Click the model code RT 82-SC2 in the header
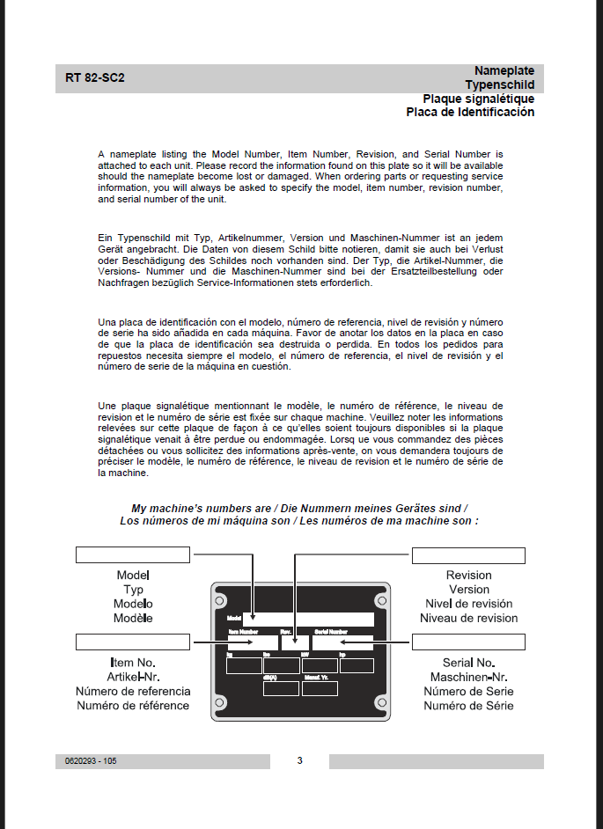[95, 77]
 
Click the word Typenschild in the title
[500, 84]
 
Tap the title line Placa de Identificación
[470, 113]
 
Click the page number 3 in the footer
[299, 760]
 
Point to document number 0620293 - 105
[91, 761]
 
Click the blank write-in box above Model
[132, 554]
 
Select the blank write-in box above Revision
[468, 555]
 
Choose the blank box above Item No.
[132, 641]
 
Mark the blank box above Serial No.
[468, 642]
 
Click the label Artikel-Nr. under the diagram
[133, 677]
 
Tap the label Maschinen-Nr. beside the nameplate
[468, 677]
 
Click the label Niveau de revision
[468, 618]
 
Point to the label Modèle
[133, 618]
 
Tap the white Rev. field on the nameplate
[294, 642]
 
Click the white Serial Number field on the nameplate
[343, 642]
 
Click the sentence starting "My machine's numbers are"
[299, 509]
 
